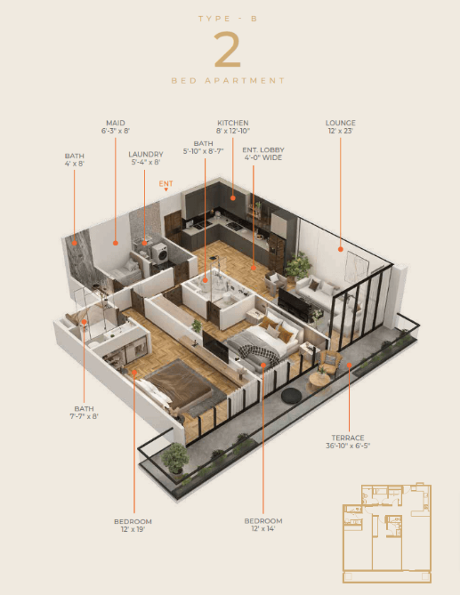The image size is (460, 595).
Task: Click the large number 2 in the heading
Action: (x=228, y=50)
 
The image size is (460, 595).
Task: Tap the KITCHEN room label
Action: (x=232, y=123)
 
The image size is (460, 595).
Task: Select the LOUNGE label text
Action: (x=341, y=123)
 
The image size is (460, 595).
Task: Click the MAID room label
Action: (x=116, y=123)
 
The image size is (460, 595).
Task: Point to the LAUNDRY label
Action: (x=146, y=155)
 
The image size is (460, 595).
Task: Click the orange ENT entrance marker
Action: (x=165, y=185)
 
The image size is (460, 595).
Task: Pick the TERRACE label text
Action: (x=348, y=438)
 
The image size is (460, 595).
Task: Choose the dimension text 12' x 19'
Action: (x=133, y=529)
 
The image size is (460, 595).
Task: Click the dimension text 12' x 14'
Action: (x=263, y=528)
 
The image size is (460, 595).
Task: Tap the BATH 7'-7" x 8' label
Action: (x=84, y=413)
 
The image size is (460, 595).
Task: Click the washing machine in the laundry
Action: (x=160, y=253)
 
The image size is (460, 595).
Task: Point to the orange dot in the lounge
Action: (x=341, y=249)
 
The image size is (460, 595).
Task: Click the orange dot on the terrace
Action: (x=349, y=365)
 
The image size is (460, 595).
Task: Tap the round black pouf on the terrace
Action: (x=291, y=396)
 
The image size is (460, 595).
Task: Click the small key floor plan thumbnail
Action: (x=387, y=533)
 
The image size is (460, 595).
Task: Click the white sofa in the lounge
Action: (x=316, y=293)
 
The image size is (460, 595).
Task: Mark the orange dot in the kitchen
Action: (x=232, y=197)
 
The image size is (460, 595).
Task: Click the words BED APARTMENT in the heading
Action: (x=228, y=81)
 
